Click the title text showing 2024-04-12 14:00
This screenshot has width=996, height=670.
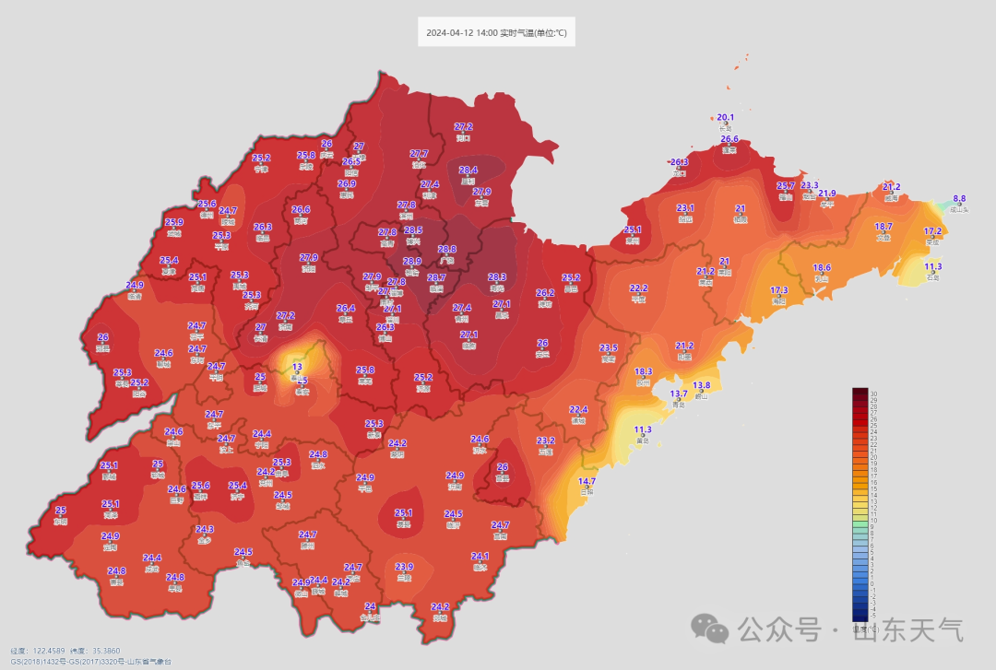(496, 34)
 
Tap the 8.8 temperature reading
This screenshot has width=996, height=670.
(959, 198)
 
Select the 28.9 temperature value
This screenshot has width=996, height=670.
(411, 262)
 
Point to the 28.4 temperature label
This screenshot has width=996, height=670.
(468, 170)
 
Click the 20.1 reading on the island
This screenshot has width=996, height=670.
(726, 118)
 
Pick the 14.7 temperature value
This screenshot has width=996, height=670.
(587, 481)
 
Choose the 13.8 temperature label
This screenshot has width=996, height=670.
(701, 385)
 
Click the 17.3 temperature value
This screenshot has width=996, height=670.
(779, 290)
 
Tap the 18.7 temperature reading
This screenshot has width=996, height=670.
(883, 227)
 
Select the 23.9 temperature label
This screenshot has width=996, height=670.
(404, 567)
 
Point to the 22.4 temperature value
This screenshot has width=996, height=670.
(578, 409)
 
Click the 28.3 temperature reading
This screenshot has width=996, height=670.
(497, 277)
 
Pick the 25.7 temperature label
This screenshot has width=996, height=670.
(786, 186)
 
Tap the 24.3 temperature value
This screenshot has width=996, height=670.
(205, 529)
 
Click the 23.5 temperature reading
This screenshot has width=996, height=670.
(608, 347)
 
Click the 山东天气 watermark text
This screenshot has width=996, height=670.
(907, 631)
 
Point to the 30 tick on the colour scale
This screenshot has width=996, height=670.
(873, 394)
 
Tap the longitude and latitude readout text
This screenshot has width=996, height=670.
(65, 651)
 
